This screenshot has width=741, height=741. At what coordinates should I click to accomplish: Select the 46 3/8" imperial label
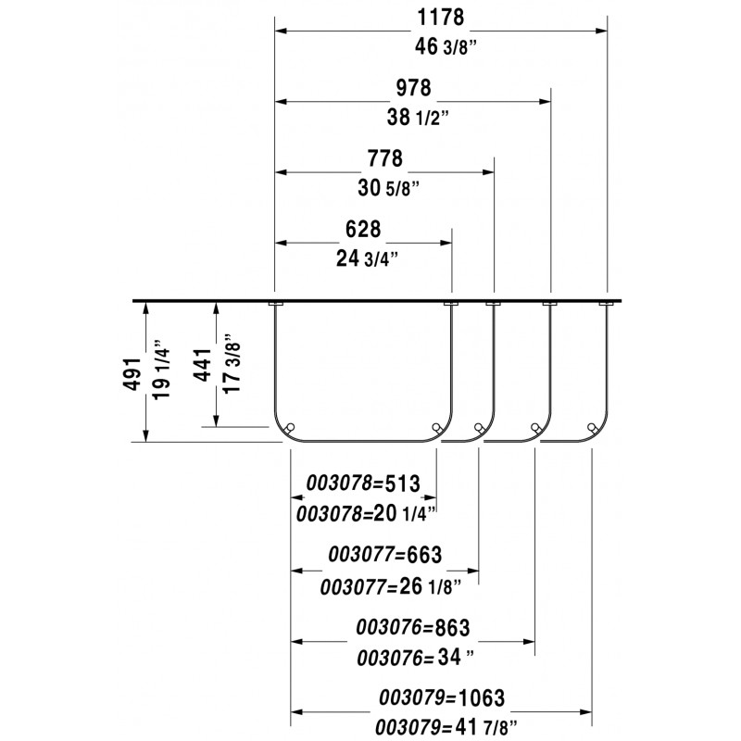tap(446, 47)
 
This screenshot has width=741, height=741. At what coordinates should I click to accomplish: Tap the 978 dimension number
tap(413, 88)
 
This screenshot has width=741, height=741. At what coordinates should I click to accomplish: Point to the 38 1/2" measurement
tap(418, 118)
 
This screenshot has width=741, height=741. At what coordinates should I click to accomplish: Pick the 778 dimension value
tap(385, 158)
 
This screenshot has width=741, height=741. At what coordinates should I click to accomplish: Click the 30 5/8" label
tap(388, 189)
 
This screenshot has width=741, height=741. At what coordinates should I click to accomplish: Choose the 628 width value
tap(363, 230)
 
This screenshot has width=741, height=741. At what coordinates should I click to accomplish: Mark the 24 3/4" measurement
tap(367, 259)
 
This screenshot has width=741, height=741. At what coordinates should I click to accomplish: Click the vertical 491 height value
tap(132, 374)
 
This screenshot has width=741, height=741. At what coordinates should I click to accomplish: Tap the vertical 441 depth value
tap(203, 365)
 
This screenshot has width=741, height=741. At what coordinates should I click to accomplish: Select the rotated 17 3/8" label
tap(232, 364)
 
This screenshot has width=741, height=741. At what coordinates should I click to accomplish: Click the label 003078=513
tap(363, 484)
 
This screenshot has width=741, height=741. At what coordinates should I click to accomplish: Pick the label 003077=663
tap(385, 554)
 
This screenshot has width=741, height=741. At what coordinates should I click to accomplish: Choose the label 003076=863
tap(413, 628)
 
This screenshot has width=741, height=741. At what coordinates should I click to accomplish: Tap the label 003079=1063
tap(442, 697)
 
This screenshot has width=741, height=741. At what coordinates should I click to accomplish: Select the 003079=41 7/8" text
tap(446, 727)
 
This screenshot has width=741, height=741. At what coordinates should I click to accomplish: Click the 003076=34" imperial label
tap(415, 658)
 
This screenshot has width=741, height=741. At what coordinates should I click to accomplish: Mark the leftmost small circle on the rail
tap(291, 427)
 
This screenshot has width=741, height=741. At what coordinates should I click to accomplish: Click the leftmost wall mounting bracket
tap(276, 304)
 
